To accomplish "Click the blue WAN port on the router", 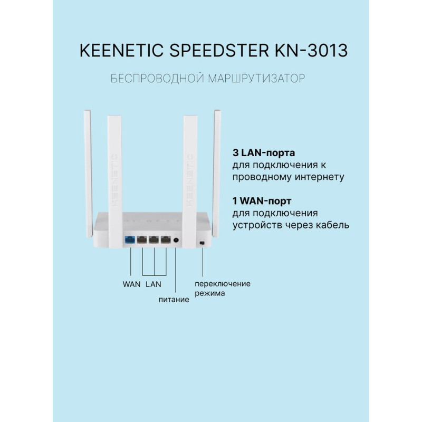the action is (130, 239).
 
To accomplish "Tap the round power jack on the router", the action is (176, 240).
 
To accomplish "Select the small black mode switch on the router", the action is (202, 243).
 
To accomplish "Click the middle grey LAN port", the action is (154, 239).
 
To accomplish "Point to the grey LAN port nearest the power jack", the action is (166, 239).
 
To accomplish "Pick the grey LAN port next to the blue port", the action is (142, 239).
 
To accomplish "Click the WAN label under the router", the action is (131, 284).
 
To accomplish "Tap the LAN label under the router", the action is (154, 284).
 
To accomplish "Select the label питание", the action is (174, 300).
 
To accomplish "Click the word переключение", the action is (223, 284).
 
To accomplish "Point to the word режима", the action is (210, 293).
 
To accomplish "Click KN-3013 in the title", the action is (311, 50).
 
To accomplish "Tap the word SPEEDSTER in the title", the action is (219, 50).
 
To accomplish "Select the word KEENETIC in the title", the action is (122, 50).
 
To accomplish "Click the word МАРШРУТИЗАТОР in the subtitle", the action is (257, 79).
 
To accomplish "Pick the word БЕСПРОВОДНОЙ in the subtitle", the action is (157, 79).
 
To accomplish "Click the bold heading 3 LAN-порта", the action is (264, 153).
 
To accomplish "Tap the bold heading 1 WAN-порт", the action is (262, 201).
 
